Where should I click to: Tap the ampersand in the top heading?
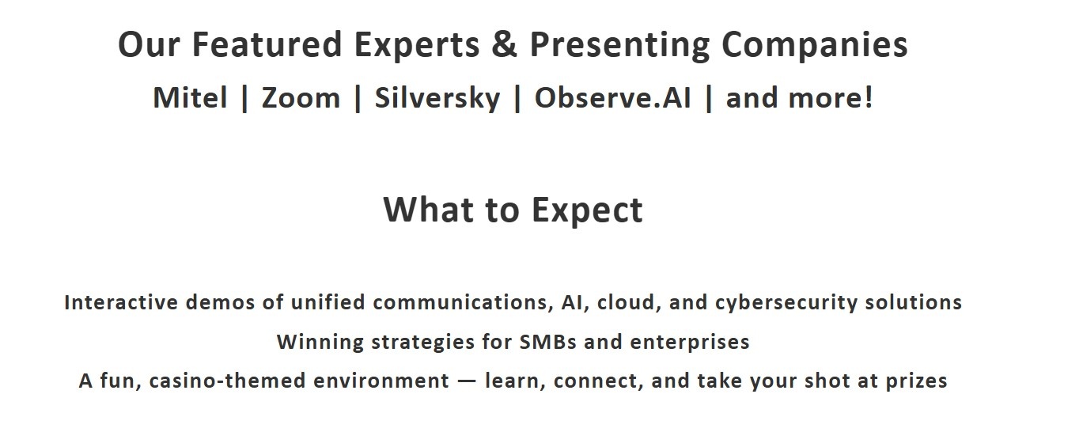click(x=504, y=44)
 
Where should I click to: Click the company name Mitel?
click(x=190, y=98)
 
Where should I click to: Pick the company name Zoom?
click(x=301, y=98)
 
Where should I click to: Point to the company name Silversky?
click(x=437, y=99)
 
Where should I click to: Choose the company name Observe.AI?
click(x=612, y=98)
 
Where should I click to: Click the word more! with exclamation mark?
click(x=831, y=98)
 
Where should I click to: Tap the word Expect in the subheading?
click(x=588, y=211)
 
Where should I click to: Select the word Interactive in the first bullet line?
click(x=121, y=302)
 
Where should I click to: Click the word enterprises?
click(x=690, y=343)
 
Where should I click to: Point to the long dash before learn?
click(x=467, y=381)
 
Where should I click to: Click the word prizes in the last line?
click(x=916, y=381)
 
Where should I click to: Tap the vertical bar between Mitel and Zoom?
click(x=244, y=99)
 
